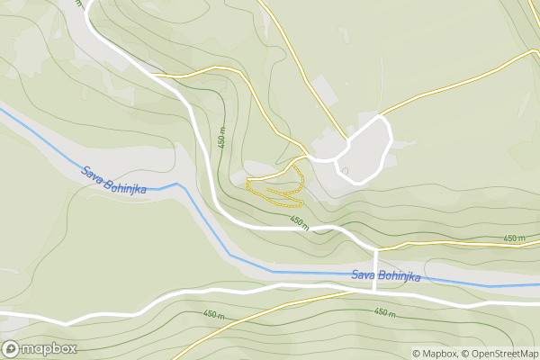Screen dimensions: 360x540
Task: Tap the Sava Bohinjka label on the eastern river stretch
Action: click(x=386, y=275)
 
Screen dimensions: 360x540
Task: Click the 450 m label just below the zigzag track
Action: click(x=299, y=221)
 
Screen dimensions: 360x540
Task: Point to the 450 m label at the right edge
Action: click(x=514, y=238)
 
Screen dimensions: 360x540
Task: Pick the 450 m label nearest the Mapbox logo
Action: click(x=213, y=314)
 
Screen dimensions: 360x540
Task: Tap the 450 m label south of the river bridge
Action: click(x=384, y=312)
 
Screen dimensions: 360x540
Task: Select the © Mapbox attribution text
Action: click(x=435, y=353)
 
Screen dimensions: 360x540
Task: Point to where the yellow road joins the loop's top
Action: click(x=383, y=116)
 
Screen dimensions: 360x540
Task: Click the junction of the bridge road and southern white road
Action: click(x=375, y=291)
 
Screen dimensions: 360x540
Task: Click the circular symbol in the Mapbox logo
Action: click(x=11, y=348)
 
